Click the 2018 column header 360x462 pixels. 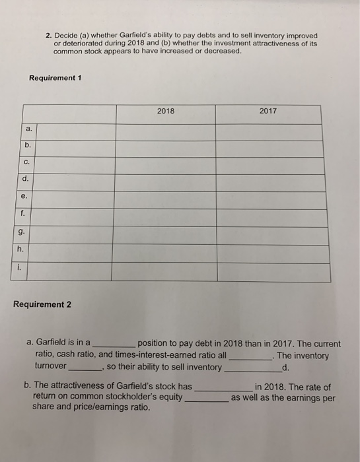click(166, 111)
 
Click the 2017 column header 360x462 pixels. click(268, 111)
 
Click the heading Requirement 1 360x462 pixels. click(55, 78)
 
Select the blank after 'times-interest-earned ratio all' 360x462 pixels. click(250, 356)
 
